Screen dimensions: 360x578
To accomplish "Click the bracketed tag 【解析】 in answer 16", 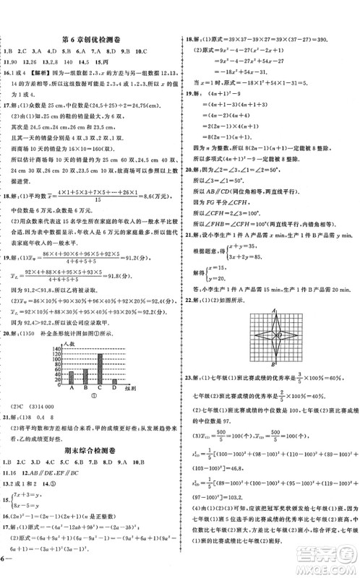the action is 33,73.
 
